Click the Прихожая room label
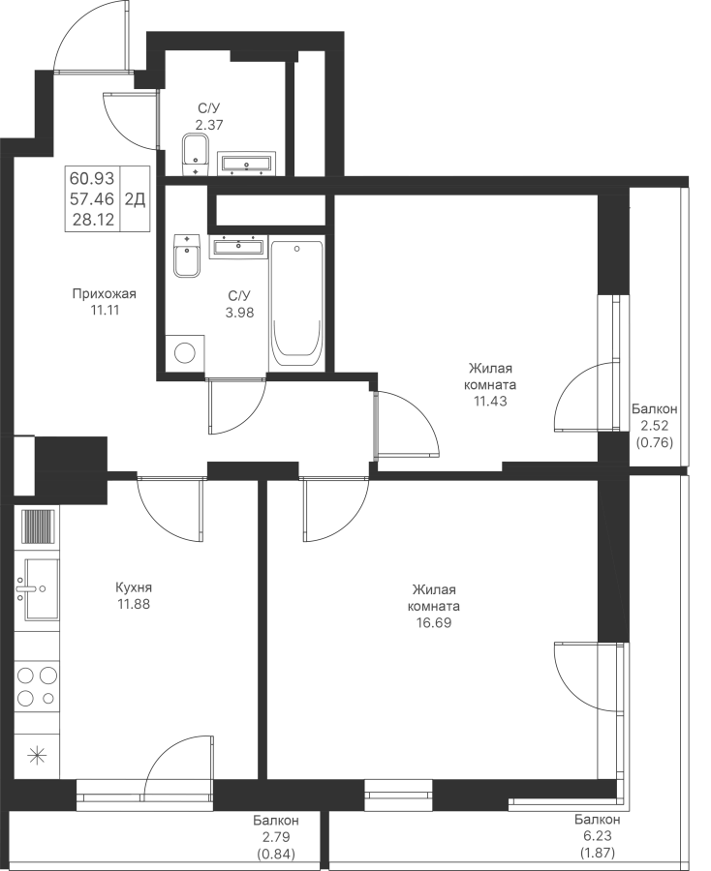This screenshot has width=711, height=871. (x=104, y=294)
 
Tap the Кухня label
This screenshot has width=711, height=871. (x=134, y=587)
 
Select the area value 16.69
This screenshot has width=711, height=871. (x=434, y=622)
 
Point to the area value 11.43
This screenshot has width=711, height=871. (x=490, y=401)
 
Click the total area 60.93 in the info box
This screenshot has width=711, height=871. (x=92, y=178)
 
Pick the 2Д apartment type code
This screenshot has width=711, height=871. (x=135, y=199)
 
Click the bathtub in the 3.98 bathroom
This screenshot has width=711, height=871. (x=296, y=306)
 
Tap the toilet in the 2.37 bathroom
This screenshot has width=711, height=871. (x=195, y=155)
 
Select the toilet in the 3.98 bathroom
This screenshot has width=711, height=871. (x=187, y=255)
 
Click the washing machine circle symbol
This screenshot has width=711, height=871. (x=185, y=352)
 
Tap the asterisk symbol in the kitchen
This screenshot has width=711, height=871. (x=36, y=755)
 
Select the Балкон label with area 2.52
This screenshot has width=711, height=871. (x=654, y=409)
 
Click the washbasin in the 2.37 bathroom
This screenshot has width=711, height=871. (x=247, y=164)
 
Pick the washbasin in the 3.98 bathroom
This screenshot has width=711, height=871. (x=238, y=246)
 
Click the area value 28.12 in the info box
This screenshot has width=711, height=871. (x=92, y=220)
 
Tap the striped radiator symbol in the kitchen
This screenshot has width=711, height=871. (x=38, y=526)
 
